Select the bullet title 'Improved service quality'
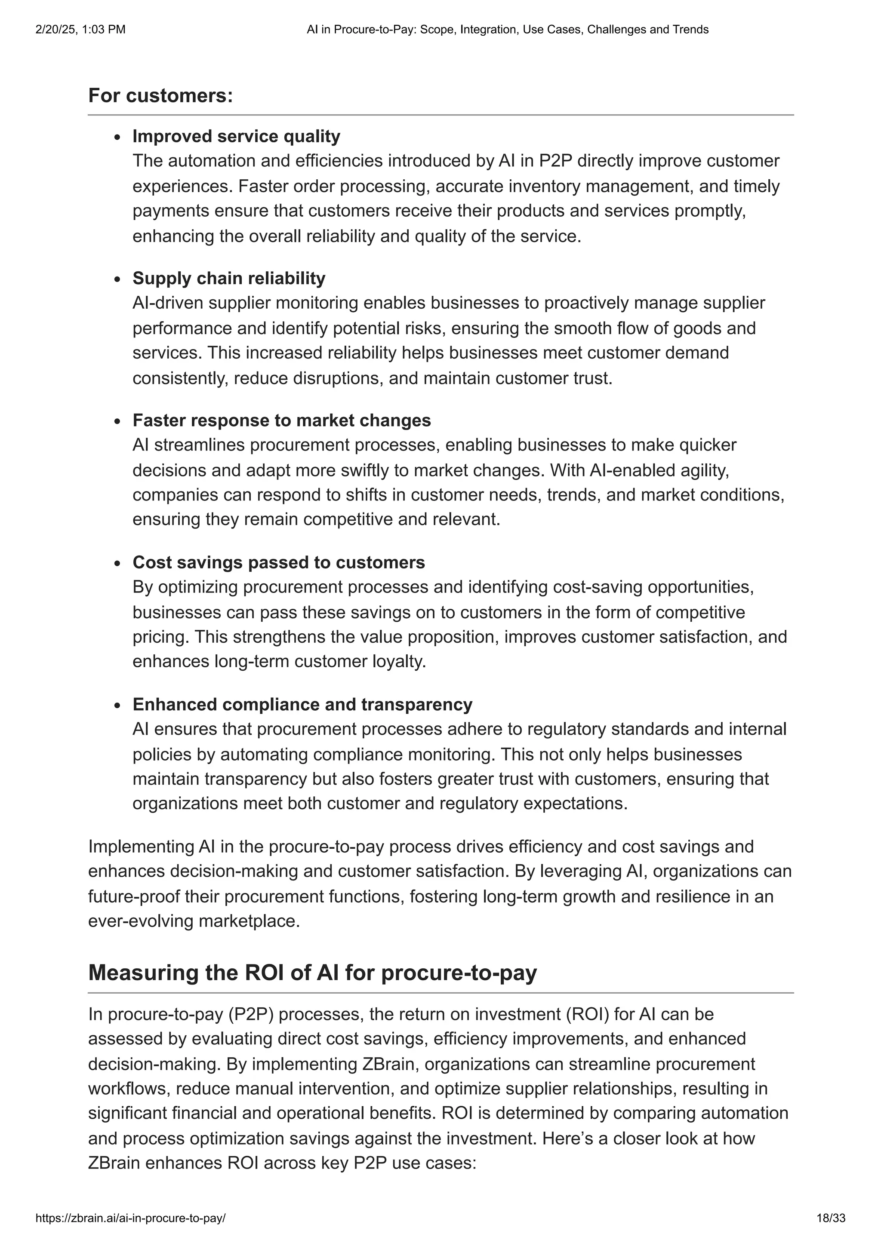click(236, 136)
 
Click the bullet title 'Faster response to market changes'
click(281, 420)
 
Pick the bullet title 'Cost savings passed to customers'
click(278, 562)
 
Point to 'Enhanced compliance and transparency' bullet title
click(302, 704)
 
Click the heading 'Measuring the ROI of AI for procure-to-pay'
click(312, 972)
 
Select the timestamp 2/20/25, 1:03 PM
click(80, 29)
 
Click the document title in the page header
click(507, 29)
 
